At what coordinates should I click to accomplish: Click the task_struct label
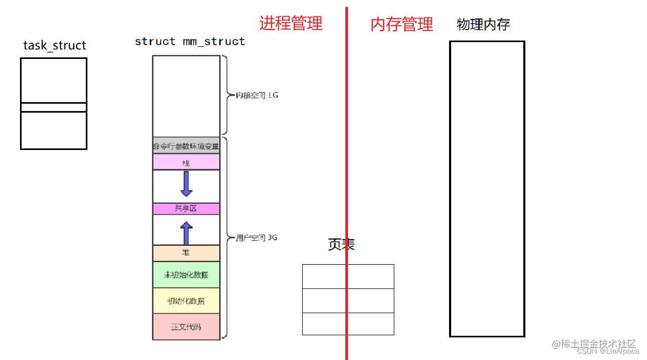[x=55, y=46]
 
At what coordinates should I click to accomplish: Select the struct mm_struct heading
[x=190, y=42]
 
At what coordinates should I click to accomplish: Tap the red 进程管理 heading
[x=291, y=23]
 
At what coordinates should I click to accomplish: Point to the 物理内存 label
[x=483, y=24]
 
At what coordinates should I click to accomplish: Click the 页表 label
[x=341, y=244]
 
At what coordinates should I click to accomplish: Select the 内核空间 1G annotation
[x=256, y=96]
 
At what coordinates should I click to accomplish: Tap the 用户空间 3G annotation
[x=256, y=238]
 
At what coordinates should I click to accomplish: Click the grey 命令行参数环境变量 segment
[x=186, y=147]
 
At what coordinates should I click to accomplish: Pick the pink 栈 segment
[x=186, y=163]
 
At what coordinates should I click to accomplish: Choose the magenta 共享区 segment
[x=186, y=209]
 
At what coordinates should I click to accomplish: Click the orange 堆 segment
[x=186, y=253]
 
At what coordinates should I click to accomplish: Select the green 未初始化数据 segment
[x=186, y=275]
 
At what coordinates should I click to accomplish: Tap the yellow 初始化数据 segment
[x=186, y=301]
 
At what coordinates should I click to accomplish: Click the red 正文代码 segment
[x=186, y=327]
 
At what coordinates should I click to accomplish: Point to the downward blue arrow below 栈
[x=186, y=184]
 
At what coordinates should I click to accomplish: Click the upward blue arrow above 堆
[x=186, y=232]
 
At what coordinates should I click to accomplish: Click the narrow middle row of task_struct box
[x=53, y=107]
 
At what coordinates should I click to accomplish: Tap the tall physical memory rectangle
[x=487, y=188]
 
